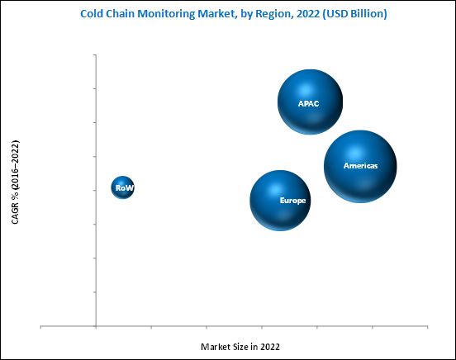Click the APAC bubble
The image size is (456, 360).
[310, 102]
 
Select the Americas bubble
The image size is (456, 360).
[360, 166]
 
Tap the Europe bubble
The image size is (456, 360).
[280, 201]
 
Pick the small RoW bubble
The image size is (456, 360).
[123, 188]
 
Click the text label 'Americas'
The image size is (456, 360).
[360, 166]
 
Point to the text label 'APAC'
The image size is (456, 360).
[309, 103]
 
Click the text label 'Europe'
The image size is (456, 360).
[292, 201]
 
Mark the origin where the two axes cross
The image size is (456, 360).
[97, 326]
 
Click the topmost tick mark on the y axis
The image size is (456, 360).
[95, 54]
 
